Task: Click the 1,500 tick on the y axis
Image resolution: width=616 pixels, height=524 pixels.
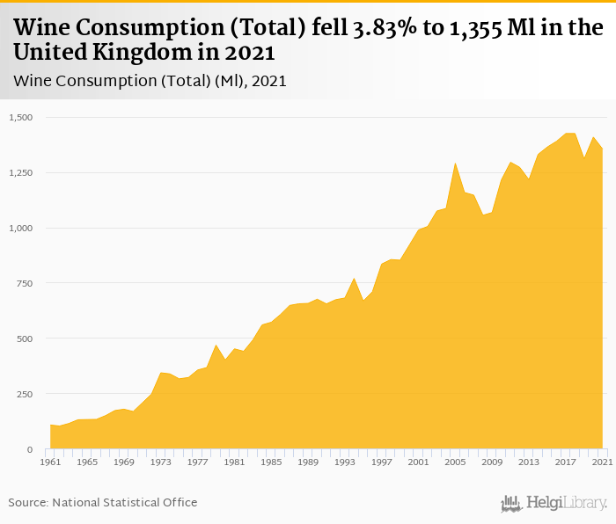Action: pos(20,117)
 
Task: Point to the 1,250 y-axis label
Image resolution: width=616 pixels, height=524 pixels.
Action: pos(20,172)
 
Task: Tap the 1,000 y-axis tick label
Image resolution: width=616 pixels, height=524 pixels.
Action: pos(20,228)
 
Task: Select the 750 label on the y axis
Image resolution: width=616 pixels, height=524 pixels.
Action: pos(24,283)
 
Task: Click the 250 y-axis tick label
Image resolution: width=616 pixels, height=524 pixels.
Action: pos(24,394)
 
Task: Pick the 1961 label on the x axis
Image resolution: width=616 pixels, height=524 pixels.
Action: pos(50,462)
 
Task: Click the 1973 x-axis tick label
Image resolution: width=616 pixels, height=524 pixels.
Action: pos(161,462)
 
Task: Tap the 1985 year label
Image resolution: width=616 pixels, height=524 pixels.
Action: pos(271,462)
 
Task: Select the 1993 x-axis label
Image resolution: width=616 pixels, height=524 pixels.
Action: pos(345,462)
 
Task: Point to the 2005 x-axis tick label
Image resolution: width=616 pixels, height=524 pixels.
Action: pos(455,462)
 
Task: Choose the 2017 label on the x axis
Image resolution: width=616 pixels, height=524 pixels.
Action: pos(566,462)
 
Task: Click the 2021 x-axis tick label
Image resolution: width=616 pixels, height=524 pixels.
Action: pos(602,462)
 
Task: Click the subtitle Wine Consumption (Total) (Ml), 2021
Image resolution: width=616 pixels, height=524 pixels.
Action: pos(150,81)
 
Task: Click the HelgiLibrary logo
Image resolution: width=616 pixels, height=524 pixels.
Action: pos(554,503)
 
